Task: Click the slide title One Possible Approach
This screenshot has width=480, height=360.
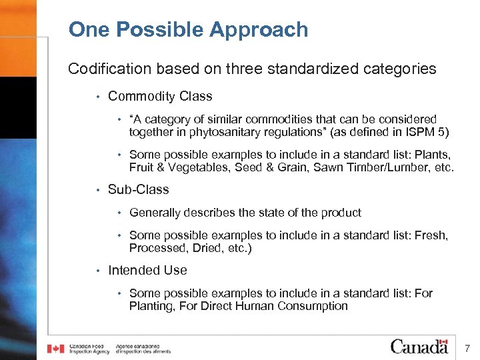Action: point(188,30)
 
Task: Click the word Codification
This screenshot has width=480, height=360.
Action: point(103,69)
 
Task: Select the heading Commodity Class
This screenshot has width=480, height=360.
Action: point(160,96)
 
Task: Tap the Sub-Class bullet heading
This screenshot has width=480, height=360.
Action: point(138,189)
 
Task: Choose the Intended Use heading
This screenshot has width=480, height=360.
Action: point(147,270)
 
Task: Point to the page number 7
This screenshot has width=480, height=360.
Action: point(467,348)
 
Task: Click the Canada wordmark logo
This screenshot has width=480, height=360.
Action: point(419,347)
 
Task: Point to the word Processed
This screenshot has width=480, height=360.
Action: point(155,248)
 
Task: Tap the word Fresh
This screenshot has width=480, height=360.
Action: point(431,235)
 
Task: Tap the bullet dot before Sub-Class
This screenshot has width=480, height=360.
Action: point(97,190)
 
